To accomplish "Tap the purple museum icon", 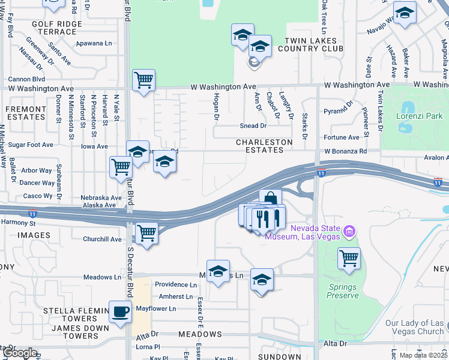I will click(x=349, y=230).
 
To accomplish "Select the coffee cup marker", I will click(x=121, y=312).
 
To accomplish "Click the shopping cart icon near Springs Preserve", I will click(x=349, y=259).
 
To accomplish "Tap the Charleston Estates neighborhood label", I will click(x=264, y=146).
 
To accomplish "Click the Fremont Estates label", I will click(x=26, y=113).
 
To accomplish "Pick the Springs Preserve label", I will click(x=343, y=291).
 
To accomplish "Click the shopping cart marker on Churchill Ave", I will click(x=147, y=233).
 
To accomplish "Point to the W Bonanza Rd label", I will click(x=345, y=151).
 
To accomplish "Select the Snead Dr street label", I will click(x=253, y=126).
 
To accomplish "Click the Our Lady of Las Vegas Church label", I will click(x=415, y=327).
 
